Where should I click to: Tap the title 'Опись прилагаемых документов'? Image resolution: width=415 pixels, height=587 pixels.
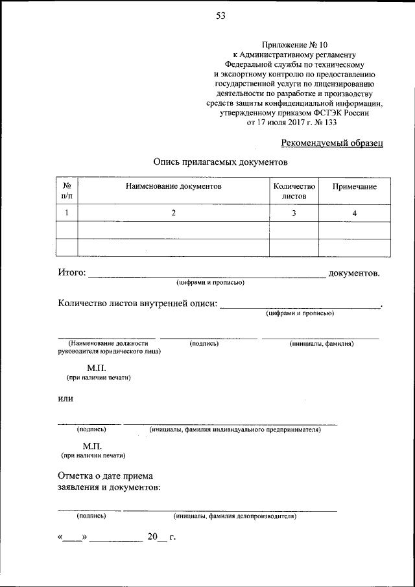coord(220,162)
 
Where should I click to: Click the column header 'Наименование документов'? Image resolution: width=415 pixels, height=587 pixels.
coord(174,186)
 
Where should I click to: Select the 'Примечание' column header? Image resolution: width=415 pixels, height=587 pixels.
coord(354,186)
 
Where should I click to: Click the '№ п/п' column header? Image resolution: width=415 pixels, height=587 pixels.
coord(67,191)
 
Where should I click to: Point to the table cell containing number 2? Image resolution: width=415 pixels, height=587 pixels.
coord(174,213)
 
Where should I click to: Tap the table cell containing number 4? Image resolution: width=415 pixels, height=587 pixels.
coord(354,213)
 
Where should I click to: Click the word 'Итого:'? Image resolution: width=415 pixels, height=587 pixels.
coord(71,274)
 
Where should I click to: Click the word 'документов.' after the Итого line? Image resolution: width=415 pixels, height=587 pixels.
coord(354,274)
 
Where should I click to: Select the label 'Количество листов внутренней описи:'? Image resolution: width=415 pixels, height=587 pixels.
coord(137,304)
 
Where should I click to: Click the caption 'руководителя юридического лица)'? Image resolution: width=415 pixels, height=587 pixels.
coord(110,352)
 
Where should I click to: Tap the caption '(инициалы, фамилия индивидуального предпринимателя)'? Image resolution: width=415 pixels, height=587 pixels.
coord(235,429)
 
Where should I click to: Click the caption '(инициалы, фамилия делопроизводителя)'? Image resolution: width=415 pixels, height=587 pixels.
coord(235,516)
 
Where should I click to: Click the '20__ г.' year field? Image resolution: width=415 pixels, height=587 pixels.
coord(161,537)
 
